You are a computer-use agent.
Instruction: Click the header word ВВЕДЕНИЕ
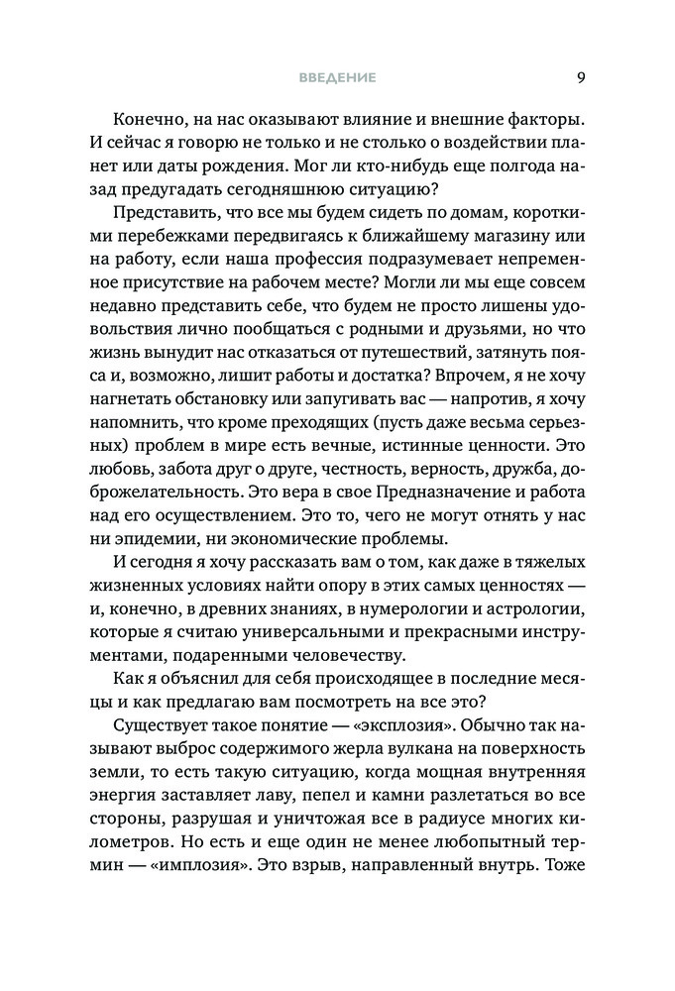coord(337,78)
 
